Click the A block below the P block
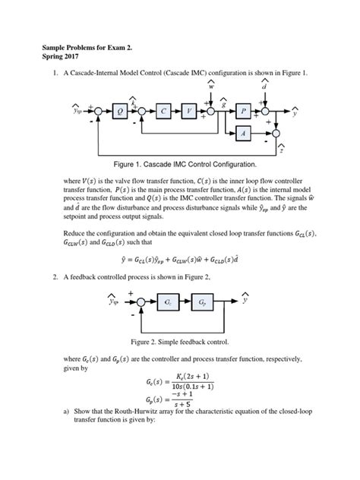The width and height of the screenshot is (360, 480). point(244,133)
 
